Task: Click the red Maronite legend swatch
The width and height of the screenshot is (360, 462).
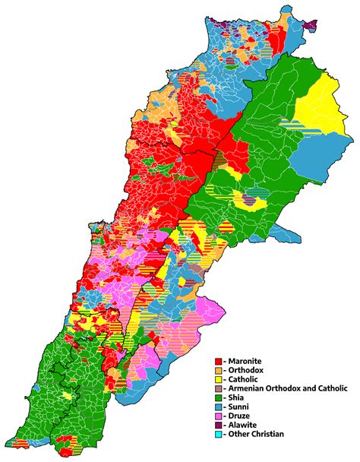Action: pos(219,361)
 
